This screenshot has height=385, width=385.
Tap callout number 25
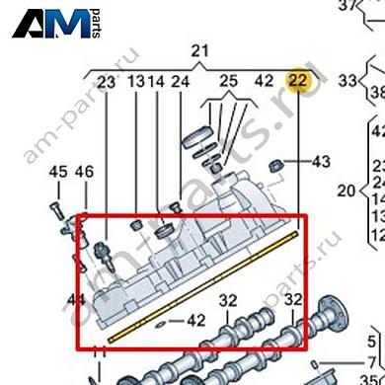click(x=229, y=81)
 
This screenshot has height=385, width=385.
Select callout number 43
click(x=322, y=160)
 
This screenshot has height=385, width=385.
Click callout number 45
click(x=58, y=173)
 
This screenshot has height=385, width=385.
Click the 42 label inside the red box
click(x=195, y=320)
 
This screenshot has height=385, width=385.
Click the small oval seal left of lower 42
click(x=161, y=321)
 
